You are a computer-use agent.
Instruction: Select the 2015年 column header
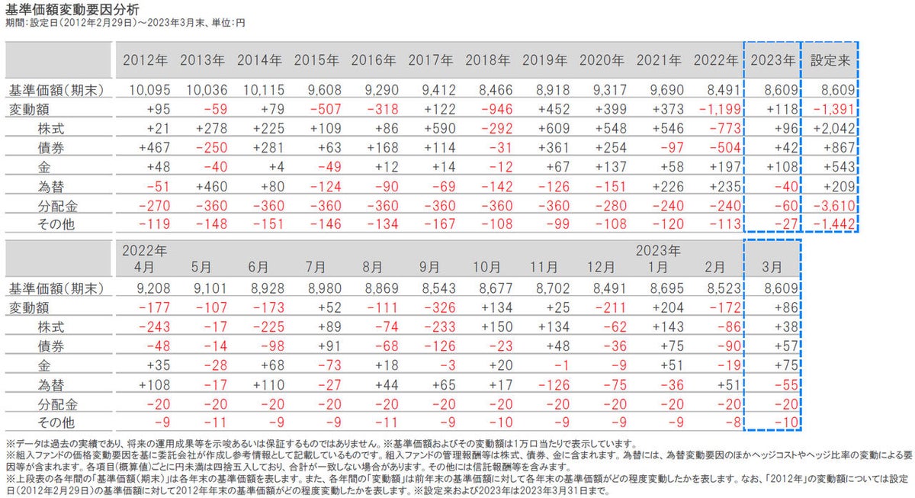tap(316, 59)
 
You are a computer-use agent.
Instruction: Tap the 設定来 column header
tap(830, 59)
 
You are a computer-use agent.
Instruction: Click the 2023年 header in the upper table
tap(773, 59)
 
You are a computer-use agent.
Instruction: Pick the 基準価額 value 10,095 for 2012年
tap(146, 91)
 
